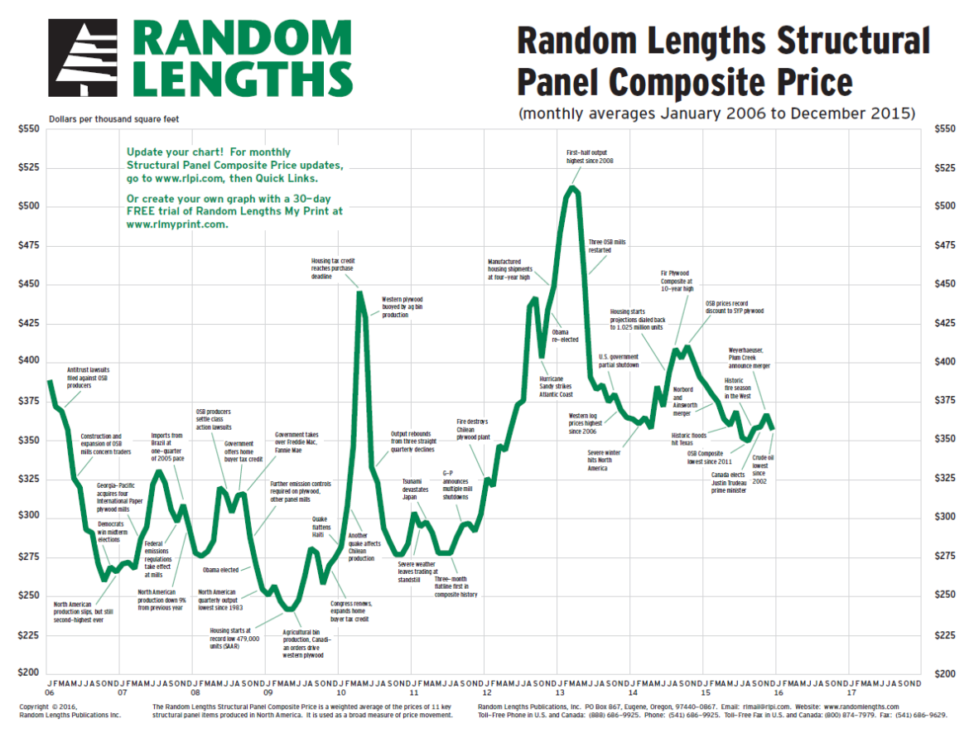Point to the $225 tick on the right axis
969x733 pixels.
[946, 635]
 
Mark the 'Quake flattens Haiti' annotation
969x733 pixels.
[320, 528]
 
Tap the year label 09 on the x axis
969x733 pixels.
[268, 691]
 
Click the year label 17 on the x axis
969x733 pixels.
[851, 691]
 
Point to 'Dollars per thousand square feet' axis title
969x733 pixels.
[113, 119]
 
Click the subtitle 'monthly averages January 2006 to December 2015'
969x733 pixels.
[716, 113]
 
